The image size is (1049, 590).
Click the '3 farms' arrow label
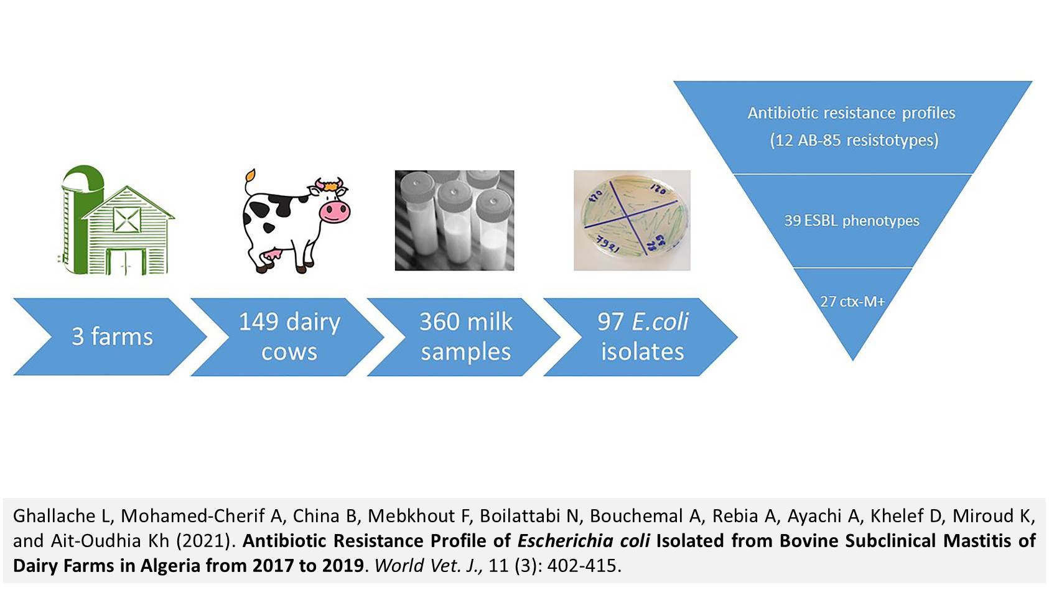coord(113,336)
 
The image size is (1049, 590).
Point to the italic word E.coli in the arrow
coord(660,322)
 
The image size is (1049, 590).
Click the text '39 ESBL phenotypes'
coord(852,220)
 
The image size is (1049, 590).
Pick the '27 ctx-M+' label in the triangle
coord(852,302)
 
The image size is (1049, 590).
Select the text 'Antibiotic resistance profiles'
coord(851,113)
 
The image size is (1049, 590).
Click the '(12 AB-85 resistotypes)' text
coord(854,140)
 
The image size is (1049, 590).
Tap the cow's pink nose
coord(335,212)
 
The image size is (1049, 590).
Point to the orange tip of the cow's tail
coord(251,176)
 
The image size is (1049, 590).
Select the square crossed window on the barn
coord(127,219)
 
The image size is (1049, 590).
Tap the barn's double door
coord(126,262)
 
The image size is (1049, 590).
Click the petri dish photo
coord(632,220)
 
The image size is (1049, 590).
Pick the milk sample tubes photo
coord(454,220)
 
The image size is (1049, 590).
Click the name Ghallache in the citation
coord(55,515)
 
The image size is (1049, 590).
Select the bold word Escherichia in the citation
coord(565,540)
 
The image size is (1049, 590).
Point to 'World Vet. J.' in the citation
coord(429,566)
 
